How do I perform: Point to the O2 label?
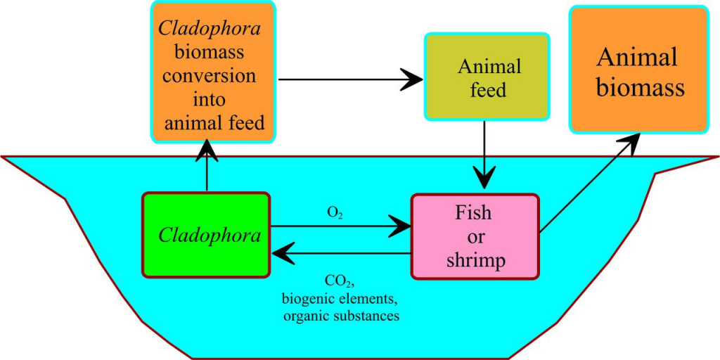(x=335, y=211)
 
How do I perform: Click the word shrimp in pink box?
(x=475, y=260)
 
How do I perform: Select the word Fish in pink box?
(x=475, y=212)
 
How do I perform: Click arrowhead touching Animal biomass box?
(x=631, y=140)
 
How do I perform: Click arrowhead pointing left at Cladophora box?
(x=281, y=252)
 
